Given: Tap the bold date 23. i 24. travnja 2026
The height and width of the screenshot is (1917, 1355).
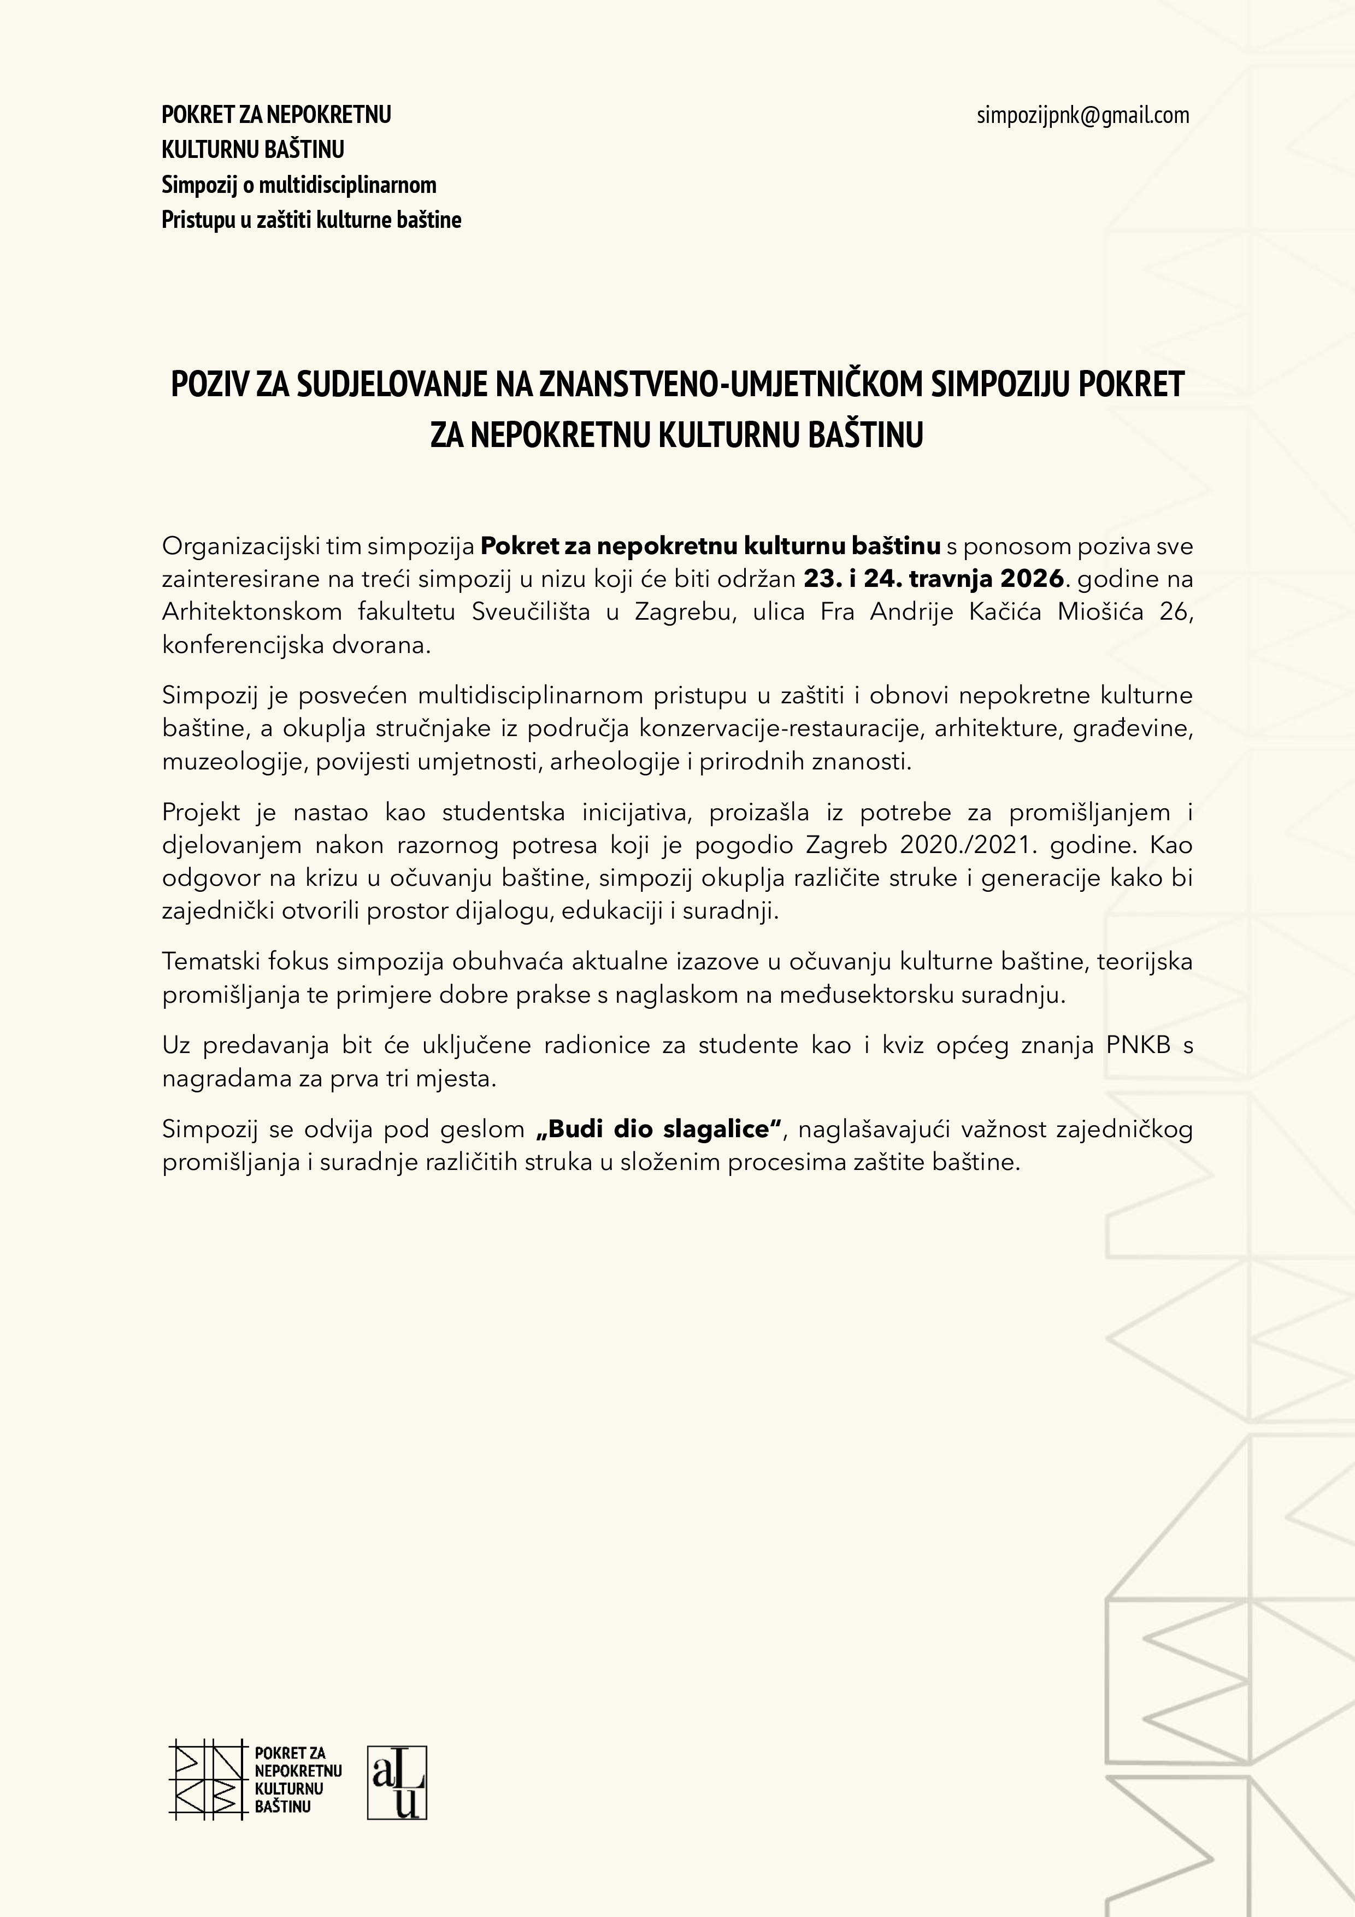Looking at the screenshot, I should (934, 579).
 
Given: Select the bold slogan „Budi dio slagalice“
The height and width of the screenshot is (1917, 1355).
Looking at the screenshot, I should (659, 1129).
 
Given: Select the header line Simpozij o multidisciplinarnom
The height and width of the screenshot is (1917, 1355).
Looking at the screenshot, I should (299, 185).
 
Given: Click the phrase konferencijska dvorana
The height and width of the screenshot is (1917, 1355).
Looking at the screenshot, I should (296, 645).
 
